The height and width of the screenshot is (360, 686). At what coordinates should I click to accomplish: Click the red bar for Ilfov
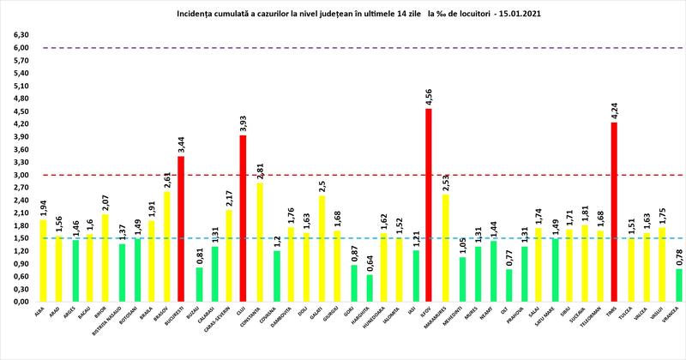[428, 205]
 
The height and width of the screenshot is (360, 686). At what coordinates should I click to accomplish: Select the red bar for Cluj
[243, 219]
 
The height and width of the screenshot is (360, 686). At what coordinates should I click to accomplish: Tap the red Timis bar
[614, 212]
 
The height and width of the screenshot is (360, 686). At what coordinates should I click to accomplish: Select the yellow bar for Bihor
[105, 258]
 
